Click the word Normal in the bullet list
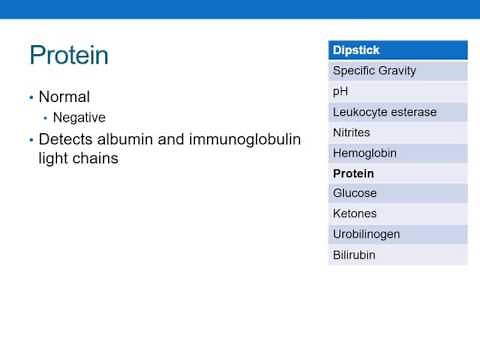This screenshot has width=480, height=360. (x=65, y=97)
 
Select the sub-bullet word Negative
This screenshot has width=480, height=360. (x=79, y=118)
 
